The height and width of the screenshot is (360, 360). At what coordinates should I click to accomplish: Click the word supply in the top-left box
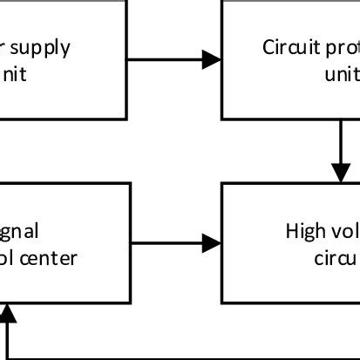43,48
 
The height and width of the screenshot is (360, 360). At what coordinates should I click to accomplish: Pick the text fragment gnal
19,231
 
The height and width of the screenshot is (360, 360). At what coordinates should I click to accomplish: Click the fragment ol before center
10,257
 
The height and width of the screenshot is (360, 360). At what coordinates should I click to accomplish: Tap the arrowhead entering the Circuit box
212,60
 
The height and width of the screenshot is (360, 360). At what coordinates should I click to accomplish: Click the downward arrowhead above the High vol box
340,173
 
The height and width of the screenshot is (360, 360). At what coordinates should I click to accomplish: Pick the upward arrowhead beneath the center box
9,313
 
